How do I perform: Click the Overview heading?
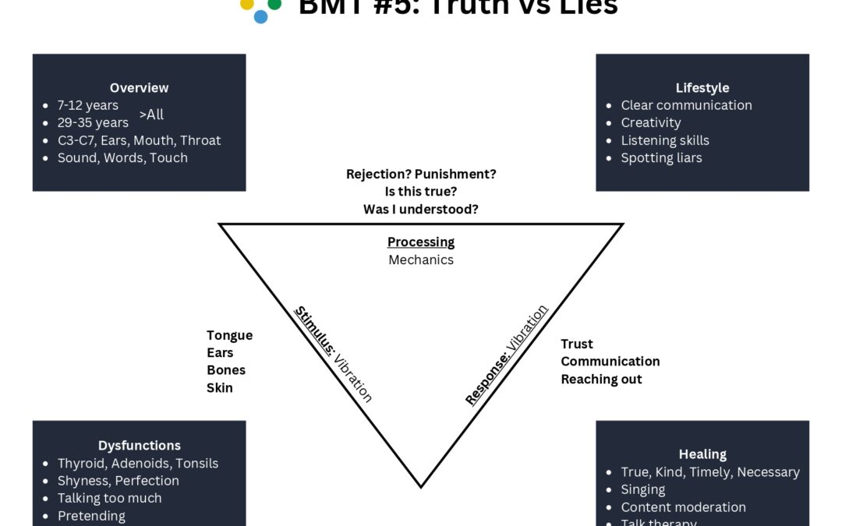click(x=139, y=88)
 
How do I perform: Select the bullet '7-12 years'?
click(x=87, y=105)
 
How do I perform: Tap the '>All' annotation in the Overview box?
click(x=151, y=115)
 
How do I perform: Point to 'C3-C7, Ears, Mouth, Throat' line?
click(x=139, y=140)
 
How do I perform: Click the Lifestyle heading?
click(x=702, y=88)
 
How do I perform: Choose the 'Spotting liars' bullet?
click(x=661, y=157)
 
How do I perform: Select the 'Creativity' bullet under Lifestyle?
click(x=650, y=122)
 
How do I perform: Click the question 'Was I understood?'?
click(x=421, y=209)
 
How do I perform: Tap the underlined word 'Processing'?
click(x=421, y=242)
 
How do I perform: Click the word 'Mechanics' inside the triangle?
click(x=421, y=259)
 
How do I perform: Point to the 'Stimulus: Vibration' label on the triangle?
click(x=333, y=354)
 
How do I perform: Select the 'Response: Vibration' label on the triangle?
click(x=507, y=355)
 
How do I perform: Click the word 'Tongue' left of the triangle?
click(x=229, y=335)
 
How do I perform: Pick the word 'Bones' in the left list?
click(x=226, y=370)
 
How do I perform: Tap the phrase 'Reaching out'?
click(x=601, y=379)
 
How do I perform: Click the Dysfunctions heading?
click(x=139, y=446)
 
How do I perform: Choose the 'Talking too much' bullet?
click(x=109, y=498)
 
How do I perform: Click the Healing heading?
click(x=702, y=454)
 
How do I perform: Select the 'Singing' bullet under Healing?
click(x=642, y=489)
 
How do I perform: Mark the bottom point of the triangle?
click(x=421, y=487)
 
